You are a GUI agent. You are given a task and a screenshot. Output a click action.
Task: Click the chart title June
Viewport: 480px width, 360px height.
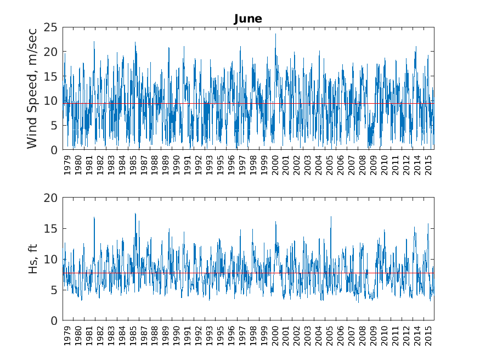pyautogui.click(x=248, y=19)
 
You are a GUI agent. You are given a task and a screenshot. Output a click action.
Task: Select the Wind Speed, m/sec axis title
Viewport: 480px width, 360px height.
pyautogui.click(x=32, y=88)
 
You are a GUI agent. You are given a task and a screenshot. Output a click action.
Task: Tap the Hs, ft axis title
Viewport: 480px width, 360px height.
pyautogui.click(x=32, y=259)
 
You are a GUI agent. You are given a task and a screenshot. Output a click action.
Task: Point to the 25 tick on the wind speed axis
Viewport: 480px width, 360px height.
pyautogui.click(x=52, y=27)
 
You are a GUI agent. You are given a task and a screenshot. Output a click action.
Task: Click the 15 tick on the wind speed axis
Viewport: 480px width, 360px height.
pyautogui.click(x=52, y=76)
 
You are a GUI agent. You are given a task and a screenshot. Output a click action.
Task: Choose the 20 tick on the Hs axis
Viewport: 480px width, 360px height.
pyautogui.click(x=52, y=198)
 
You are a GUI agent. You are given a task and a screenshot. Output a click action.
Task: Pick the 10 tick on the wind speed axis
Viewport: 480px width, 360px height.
pyautogui.click(x=52, y=101)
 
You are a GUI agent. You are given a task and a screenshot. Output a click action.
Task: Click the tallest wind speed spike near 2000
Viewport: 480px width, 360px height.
pyautogui.click(x=275, y=35)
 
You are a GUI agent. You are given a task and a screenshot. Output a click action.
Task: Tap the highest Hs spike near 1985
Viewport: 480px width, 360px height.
pyautogui.click(x=135, y=214)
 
